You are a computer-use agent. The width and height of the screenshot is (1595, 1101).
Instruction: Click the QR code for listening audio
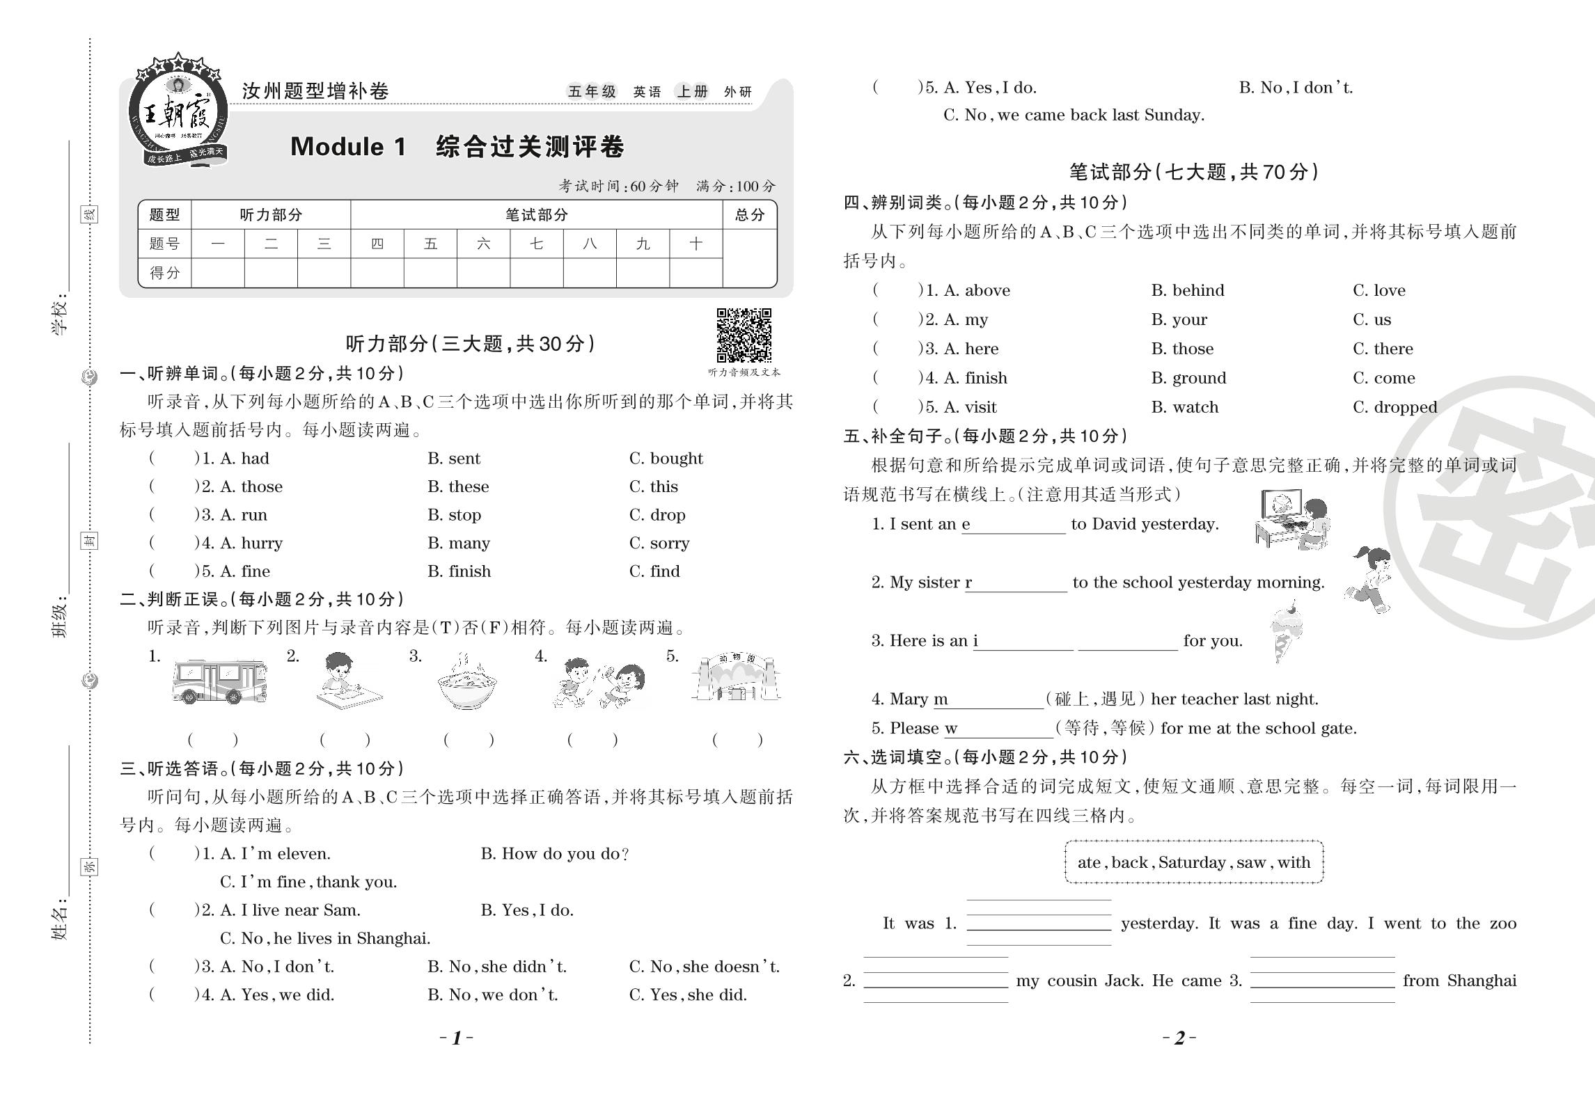(x=744, y=335)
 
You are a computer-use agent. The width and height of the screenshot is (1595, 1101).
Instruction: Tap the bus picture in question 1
(x=219, y=681)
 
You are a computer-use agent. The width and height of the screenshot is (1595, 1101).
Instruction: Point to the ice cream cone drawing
(x=1285, y=631)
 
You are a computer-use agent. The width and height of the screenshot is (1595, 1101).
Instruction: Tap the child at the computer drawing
(x=1292, y=518)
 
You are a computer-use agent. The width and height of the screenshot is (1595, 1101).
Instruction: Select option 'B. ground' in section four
(x=1188, y=378)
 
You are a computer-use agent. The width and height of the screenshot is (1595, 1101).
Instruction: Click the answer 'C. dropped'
(x=1394, y=407)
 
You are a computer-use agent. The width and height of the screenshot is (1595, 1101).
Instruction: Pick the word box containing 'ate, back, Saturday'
(x=1193, y=862)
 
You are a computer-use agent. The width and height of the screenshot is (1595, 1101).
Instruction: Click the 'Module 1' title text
(x=347, y=147)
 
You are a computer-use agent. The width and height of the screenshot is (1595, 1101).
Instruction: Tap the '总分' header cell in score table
(x=749, y=215)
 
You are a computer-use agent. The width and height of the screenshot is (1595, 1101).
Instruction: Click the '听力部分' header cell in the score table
(x=271, y=215)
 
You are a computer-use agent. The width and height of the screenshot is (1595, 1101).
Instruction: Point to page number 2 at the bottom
(x=1179, y=1038)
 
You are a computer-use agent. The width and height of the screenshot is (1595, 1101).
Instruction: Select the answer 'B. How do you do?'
(x=555, y=854)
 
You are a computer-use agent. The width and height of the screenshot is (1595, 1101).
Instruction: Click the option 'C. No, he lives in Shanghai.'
(x=325, y=938)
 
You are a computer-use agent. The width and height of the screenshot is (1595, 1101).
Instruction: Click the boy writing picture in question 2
(x=345, y=681)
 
